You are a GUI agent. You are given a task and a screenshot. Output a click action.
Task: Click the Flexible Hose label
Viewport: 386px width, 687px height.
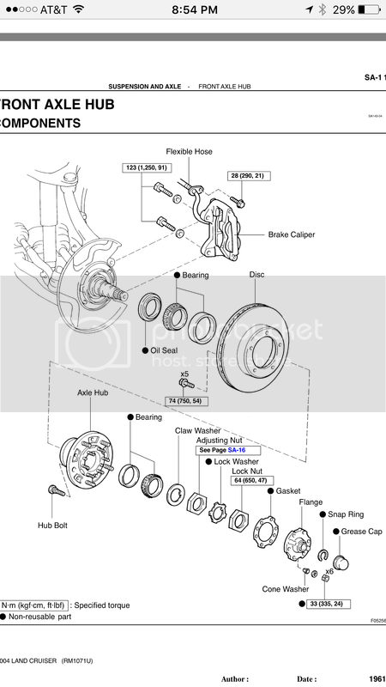pos(189,152)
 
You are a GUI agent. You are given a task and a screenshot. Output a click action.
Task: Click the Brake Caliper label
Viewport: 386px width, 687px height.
pos(291,234)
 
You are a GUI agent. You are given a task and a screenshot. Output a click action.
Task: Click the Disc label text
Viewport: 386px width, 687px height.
pos(256,276)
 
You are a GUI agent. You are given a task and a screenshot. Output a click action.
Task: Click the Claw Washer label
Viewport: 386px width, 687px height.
pos(196,430)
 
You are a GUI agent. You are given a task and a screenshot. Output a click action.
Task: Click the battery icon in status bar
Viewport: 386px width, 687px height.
pos(370,10)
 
